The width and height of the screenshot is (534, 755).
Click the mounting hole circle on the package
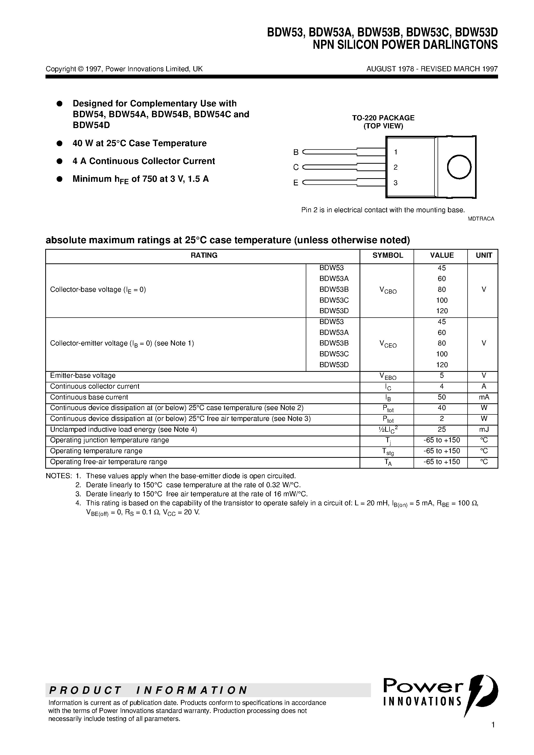tap(459, 167)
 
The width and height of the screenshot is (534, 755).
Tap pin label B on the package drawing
tap(296, 152)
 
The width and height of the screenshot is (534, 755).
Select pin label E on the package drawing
tap(296, 183)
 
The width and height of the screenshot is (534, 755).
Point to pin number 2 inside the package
tap(395, 167)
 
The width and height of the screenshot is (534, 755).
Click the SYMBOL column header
tap(387, 256)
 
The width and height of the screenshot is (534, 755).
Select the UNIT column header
tap(484, 256)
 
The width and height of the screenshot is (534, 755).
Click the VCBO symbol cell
tap(388, 290)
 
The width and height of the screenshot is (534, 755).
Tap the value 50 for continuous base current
tap(441, 397)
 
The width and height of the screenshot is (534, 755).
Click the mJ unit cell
tap(484, 429)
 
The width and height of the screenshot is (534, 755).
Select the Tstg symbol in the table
tap(388, 452)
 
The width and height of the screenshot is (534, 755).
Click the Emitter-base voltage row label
tap(83, 375)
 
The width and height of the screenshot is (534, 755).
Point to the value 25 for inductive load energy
tap(441, 429)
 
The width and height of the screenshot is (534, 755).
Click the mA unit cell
tap(484, 397)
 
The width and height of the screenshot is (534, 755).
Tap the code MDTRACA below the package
tap(481, 219)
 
